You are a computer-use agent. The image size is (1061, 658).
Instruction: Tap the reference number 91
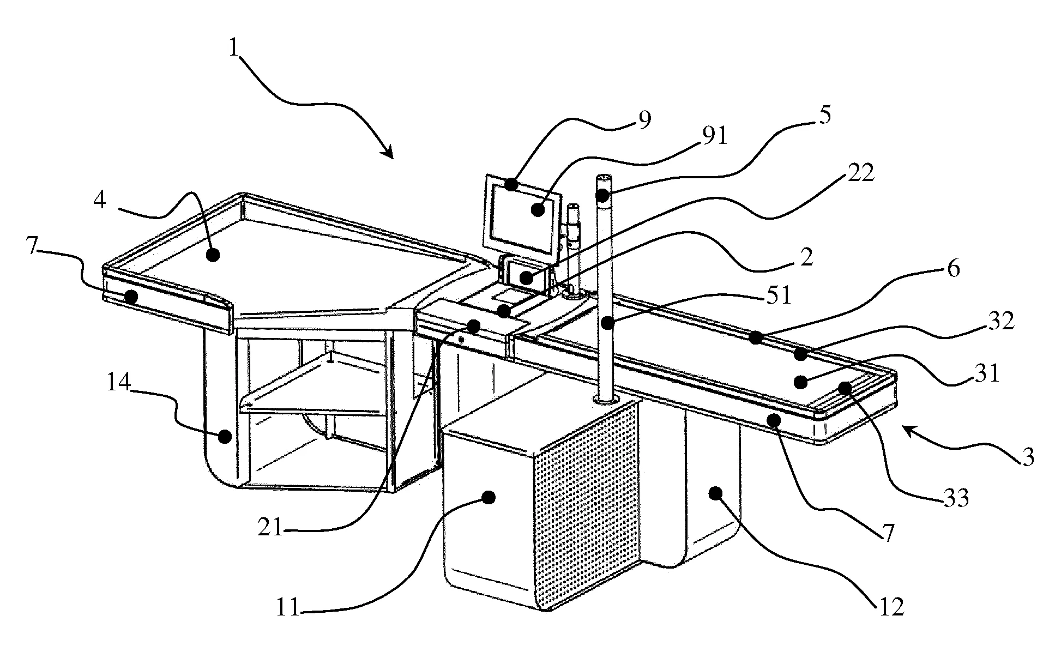pyautogui.click(x=715, y=136)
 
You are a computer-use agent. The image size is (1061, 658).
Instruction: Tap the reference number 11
pyautogui.click(x=287, y=607)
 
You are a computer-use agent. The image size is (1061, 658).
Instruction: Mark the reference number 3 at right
pyautogui.click(x=1028, y=458)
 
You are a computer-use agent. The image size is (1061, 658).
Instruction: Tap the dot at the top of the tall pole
pyautogui.click(x=602, y=195)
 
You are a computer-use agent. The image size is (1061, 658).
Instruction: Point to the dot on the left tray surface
pyautogui.click(x=213, y=255)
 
